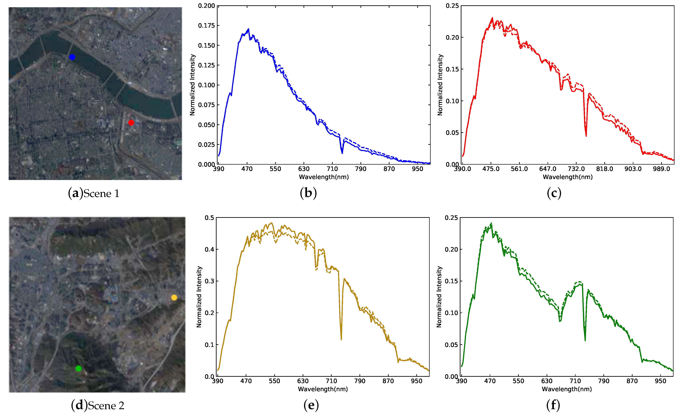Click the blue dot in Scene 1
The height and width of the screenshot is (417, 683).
click(x=72, y=57)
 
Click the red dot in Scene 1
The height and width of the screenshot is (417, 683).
click(x=131, y=122)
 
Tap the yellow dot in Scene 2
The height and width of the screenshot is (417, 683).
click(x=174, y=297)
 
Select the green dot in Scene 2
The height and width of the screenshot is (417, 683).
click(x=78, y=368)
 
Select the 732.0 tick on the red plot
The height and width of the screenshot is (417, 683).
click(x=576, y=169)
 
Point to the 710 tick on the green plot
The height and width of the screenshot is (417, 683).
click(x=575, y=381)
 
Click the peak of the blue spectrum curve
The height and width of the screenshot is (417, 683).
click(x=248, y=29)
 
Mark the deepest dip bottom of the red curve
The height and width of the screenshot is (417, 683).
click(x=586, y=136)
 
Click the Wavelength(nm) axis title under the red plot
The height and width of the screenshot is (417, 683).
click(x=567, y=177)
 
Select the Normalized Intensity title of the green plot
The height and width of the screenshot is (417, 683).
click(x=439, y=297)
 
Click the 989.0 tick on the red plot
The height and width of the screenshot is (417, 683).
click(x=661, y=169)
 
